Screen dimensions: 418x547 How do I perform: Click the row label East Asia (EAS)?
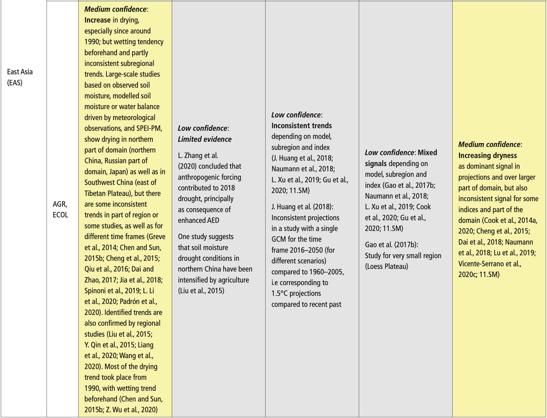[x=20, y=77]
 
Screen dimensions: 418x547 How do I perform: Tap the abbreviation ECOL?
[x=60, y=215]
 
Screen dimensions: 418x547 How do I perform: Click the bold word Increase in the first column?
[x=97, y=20]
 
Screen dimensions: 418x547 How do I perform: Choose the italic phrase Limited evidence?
[x=205, y=139]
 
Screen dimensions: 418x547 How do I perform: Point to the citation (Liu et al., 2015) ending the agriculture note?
[x=201, y=291]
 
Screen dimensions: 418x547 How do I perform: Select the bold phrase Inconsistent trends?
[x=301, y=126]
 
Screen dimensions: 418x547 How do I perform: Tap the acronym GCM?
[x=278, y=239]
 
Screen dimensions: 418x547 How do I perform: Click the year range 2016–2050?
[x=306, y=250]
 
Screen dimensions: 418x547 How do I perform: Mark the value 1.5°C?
[x=279, y=293]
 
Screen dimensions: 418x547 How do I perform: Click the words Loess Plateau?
[x=386, y=266]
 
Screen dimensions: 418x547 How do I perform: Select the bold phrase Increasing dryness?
[x=487, y=155]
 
